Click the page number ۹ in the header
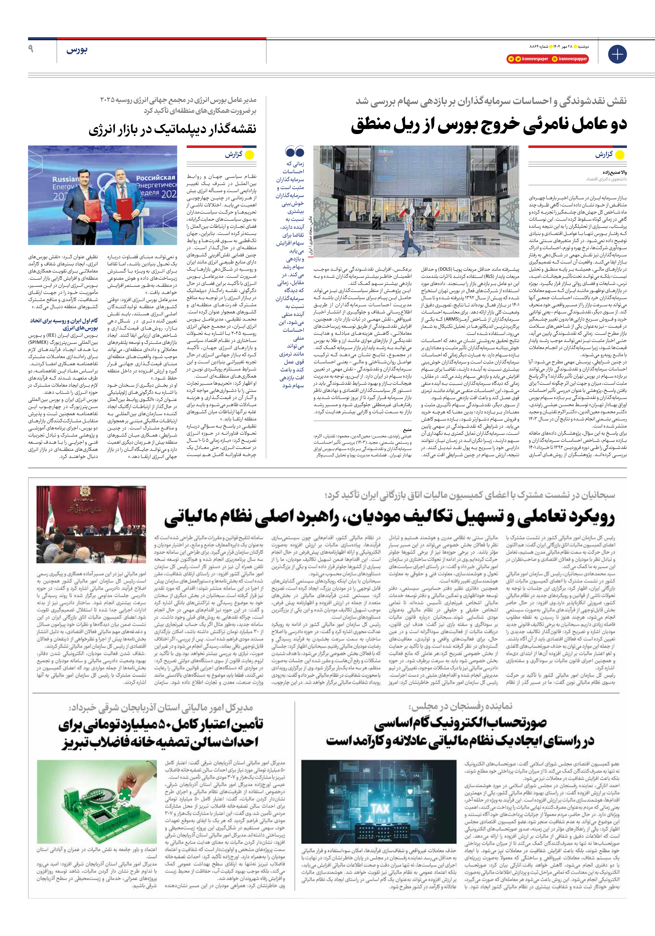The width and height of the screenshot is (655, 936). click(31, 49)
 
